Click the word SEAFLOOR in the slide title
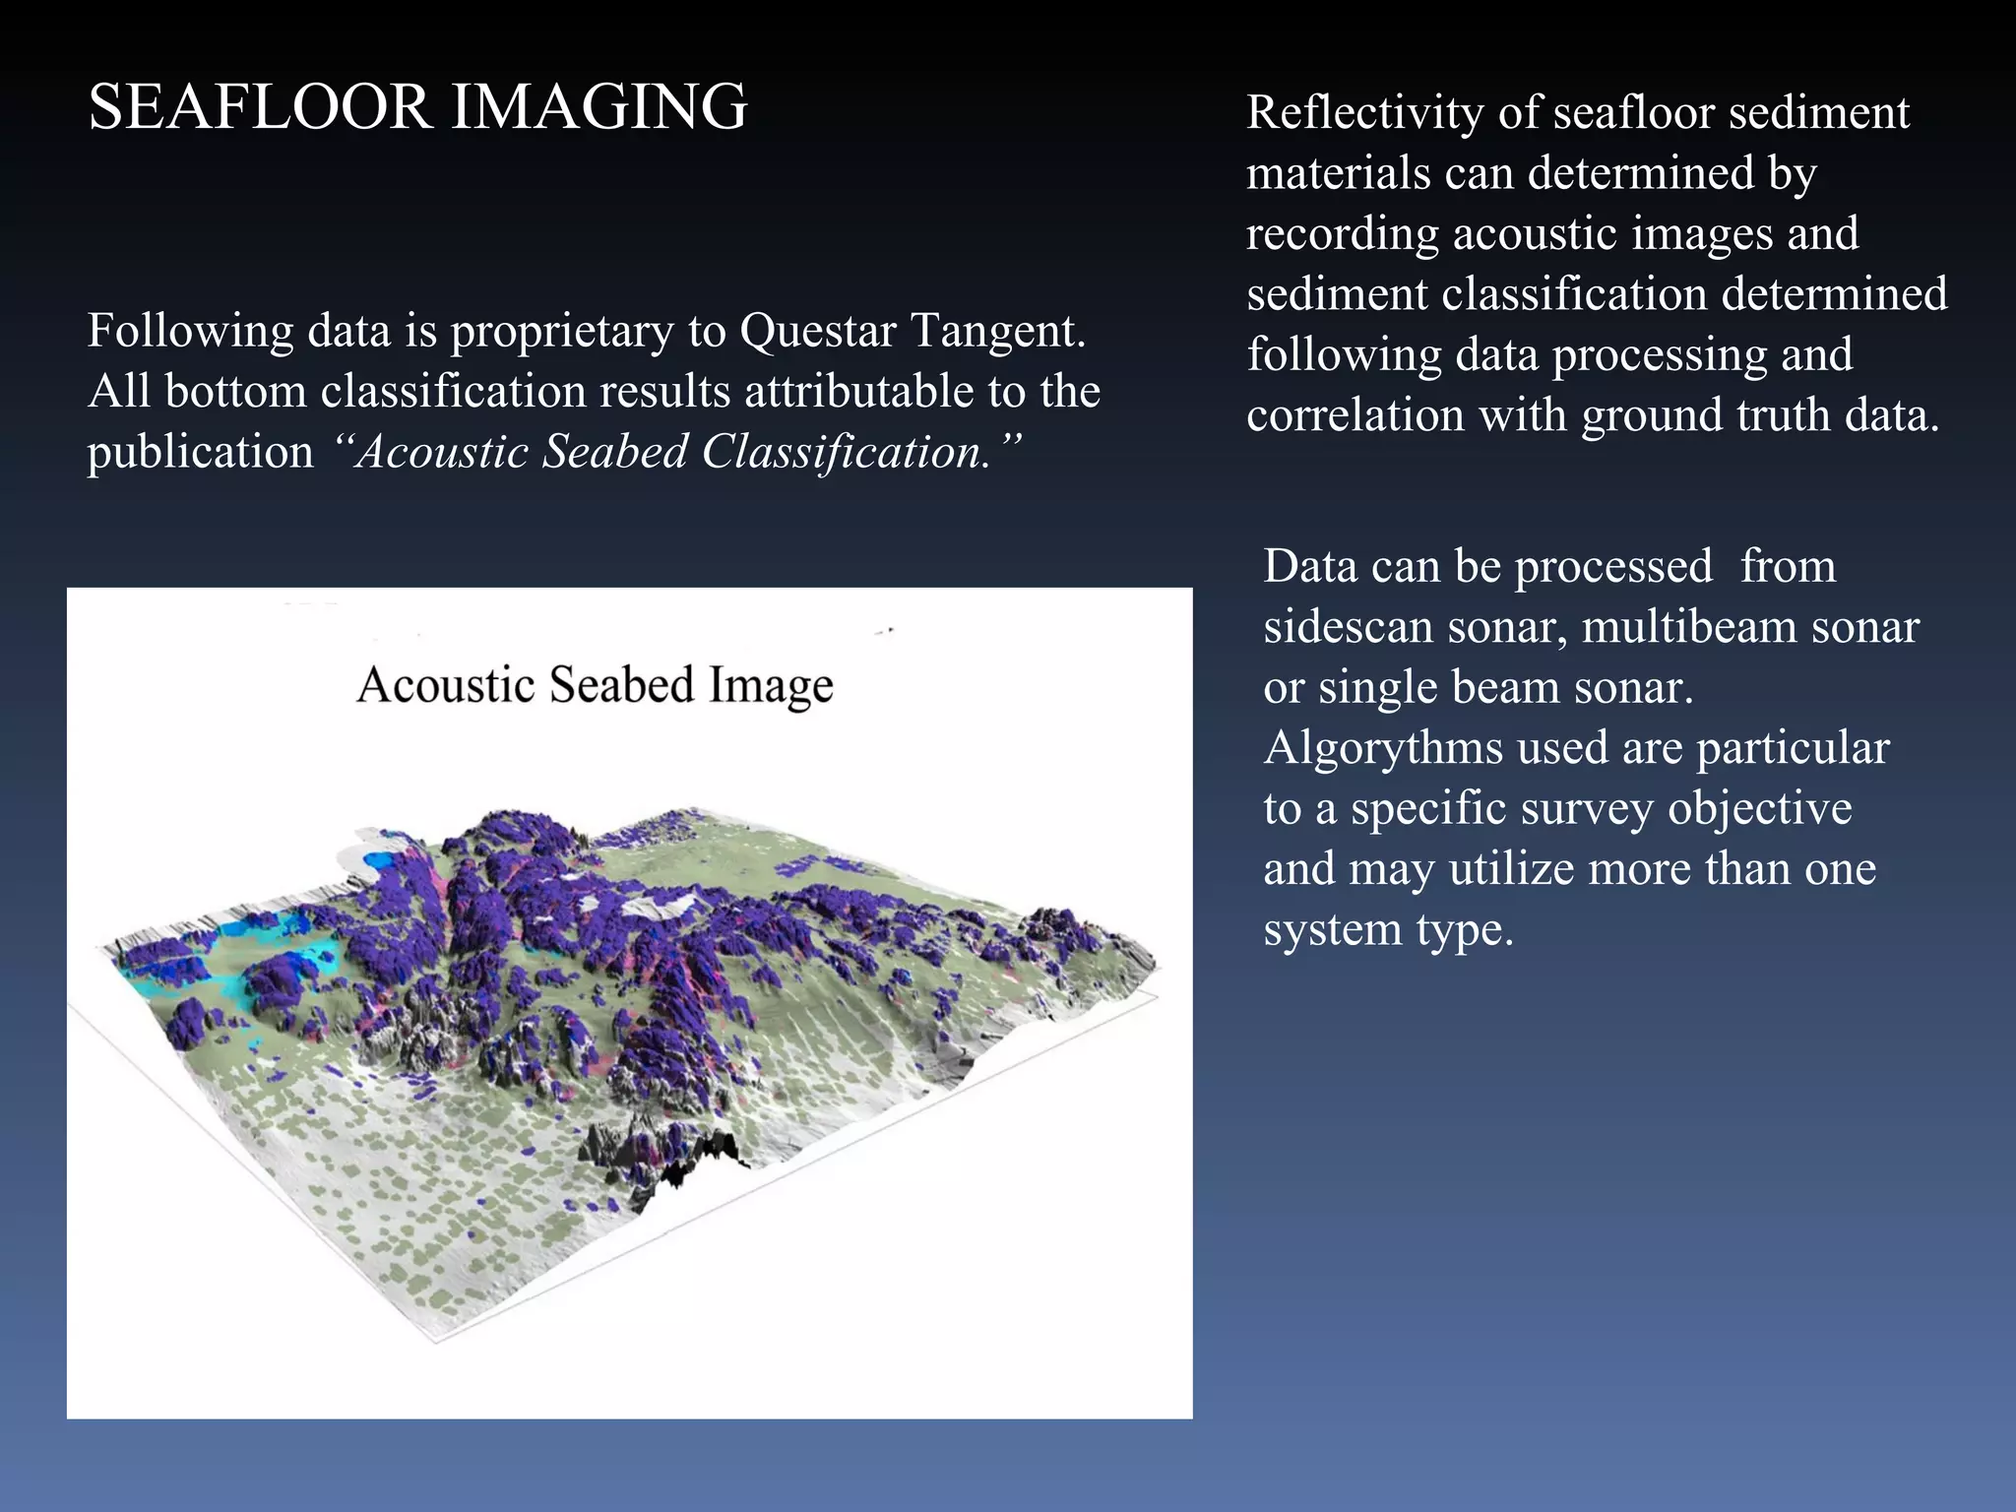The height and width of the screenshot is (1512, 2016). click(x=259, y=106)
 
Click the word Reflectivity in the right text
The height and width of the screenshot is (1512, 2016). click(x=1364, y=112)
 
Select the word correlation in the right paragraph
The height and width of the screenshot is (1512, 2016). click(x=1355, y=414)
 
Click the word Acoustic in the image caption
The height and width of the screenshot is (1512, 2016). click(x=445, y=685)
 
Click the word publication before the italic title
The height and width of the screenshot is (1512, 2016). click(x=200, y=452)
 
